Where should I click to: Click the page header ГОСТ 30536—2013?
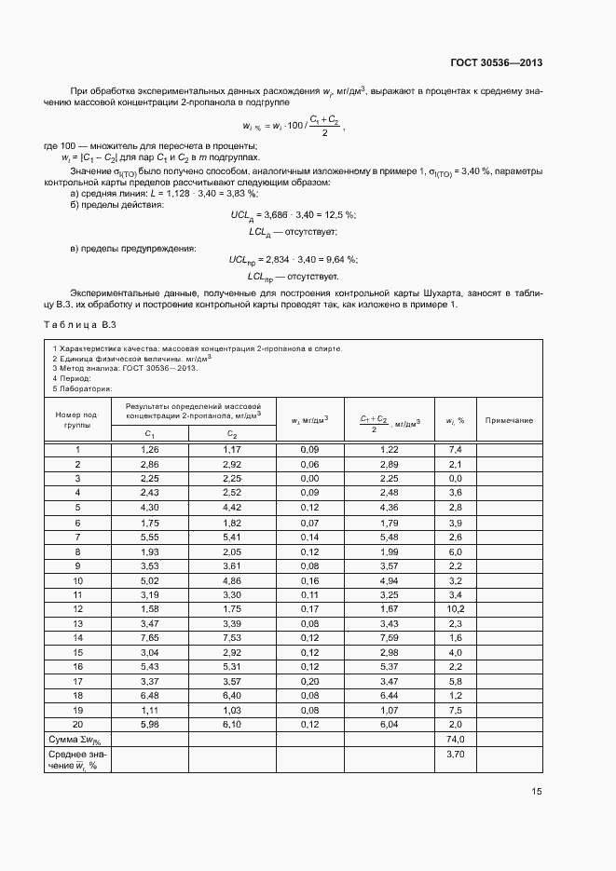pyautogui.click(x=497, y=63)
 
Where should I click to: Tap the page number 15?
pyautogui.click(x=536, y=791)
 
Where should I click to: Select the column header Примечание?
pyautogui.click(x=510, y=420)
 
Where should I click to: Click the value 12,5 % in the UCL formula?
pyautogui.click(x=323, y=214)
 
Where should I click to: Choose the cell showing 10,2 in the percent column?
pyautogui.click(x=456, y=607)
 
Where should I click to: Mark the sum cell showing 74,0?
pyautogui.click(x=456, y=738)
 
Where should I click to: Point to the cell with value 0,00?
pyautogui.click(x=309, y=478)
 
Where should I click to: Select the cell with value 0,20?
pyautogui.click(x=309, y=680)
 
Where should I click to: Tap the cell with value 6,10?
pyautogui.click(x=231, y=723)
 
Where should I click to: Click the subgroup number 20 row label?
pyautogui.click(x=77, y=723)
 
